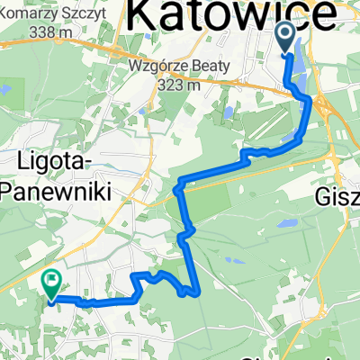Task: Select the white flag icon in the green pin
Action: pyautogui.click(x=50, y=281)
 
